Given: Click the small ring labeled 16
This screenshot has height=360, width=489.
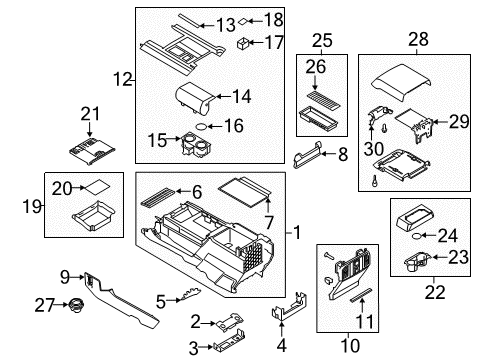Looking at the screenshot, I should click(x=202, y=127).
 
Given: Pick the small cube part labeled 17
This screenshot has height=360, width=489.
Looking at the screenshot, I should click(x=244, y=43).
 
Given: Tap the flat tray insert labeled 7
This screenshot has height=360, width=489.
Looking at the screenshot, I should click(x=242, y=187).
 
